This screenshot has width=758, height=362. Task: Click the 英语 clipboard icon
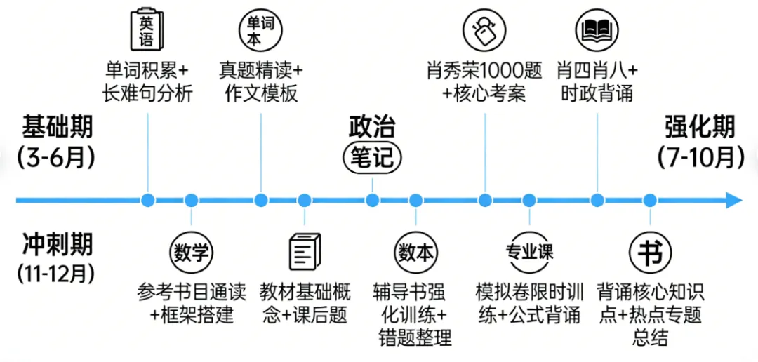pyautogui.click(x=146, y=30)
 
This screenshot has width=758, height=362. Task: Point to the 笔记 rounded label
pyautogui.click(x=372, y=159)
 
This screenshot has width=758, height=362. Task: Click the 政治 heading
pyautogui.click(x=372, y=127)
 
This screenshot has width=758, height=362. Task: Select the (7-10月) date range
pyautogui.click(x=700, y=157)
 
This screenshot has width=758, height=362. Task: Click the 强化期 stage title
pyautogui.click(x=700, y=128)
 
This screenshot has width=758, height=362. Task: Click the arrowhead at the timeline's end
pyautogui.click(x=734, y=201)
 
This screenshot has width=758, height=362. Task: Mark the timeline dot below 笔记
pyautogui.click(x=372, y=201)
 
